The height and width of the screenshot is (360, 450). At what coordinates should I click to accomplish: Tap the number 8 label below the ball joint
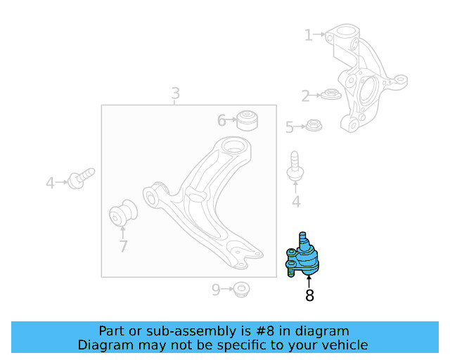(x=309, y=296)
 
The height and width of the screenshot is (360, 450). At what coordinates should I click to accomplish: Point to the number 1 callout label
(x=309, y=34)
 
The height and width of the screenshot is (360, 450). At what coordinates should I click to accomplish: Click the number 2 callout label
(x=305, y=96)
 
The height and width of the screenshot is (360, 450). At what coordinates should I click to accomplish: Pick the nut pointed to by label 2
(x=330, y=94)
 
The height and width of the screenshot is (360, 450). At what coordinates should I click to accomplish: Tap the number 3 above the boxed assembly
(x=175, y=94)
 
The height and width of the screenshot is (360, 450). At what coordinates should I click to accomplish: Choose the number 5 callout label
(x=289, y=127)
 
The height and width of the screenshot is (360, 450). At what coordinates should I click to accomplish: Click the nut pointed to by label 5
(x=314, y=127)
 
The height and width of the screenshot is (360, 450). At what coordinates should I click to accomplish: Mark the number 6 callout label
(x=221, y=121)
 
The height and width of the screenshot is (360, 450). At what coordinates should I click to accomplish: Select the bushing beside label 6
(x=247, y=120)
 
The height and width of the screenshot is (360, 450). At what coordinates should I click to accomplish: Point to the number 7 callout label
(x=123, y=246)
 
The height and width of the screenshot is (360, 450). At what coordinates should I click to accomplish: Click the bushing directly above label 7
(x=124, y=214)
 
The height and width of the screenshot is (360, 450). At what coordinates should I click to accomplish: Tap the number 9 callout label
(x=216, y=288)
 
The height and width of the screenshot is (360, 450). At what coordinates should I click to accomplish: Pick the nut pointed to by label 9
(x=242, y=288)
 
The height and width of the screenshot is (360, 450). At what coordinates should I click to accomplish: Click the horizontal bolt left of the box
(x=81, y=178)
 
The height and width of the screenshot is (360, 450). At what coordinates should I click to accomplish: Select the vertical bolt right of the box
(x=295, y=167)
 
